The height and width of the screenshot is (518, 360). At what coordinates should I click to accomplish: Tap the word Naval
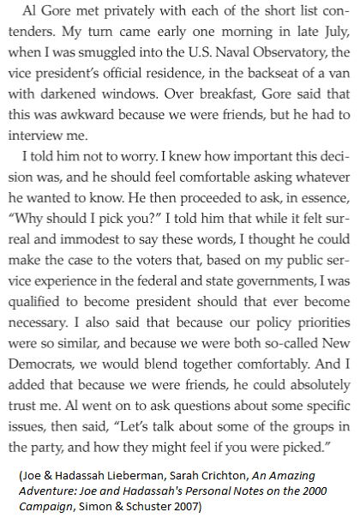tap(237, 73)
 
